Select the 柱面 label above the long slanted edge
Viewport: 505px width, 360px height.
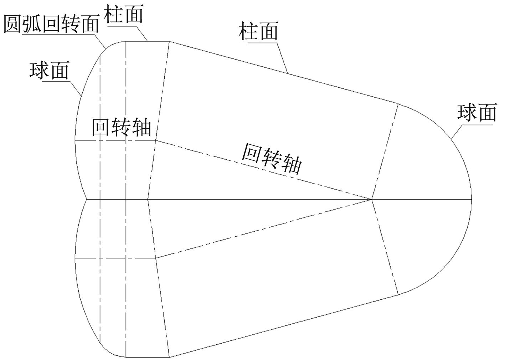click(258, 31)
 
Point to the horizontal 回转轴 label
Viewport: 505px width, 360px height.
click(121, 127)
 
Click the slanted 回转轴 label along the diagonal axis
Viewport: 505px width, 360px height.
click(272, 158)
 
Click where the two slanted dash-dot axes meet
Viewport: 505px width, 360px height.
click(372, 199)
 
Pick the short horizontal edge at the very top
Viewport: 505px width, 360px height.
click(147, 41)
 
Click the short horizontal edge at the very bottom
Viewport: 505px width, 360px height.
click(147, 357)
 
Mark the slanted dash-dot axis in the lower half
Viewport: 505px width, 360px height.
click(264, 228)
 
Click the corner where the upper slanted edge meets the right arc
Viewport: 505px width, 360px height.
click(398, 103)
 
